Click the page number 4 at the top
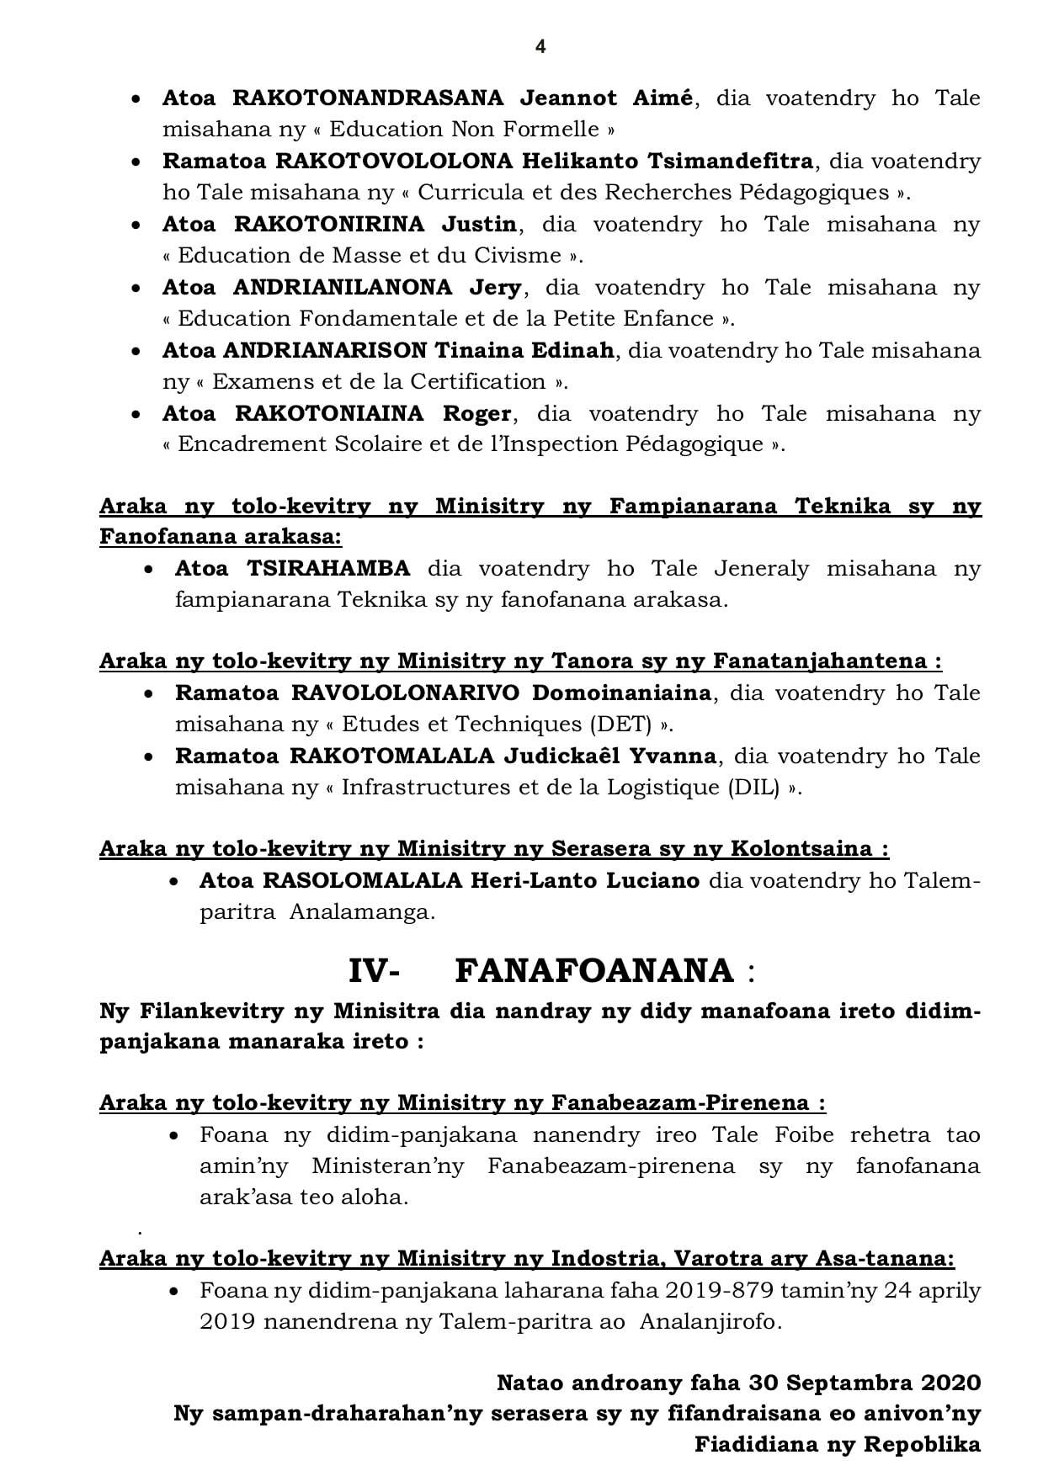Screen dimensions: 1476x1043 coord(540,47)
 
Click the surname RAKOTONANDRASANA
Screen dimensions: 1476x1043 coord(367,98)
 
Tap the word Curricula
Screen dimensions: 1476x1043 coord(468,193)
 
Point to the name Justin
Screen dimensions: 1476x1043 coord(480,225)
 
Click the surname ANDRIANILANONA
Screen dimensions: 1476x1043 coord(343,288)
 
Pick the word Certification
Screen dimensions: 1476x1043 coord(474,382)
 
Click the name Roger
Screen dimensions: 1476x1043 coord(477,414)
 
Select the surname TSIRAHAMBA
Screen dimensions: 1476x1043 coord(328,569)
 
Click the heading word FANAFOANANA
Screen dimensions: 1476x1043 coord(594,971)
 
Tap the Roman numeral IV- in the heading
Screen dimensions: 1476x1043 coord(374,971)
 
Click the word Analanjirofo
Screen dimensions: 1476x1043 coord(710,1322)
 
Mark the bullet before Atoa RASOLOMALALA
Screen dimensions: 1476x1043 coord(174,882)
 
